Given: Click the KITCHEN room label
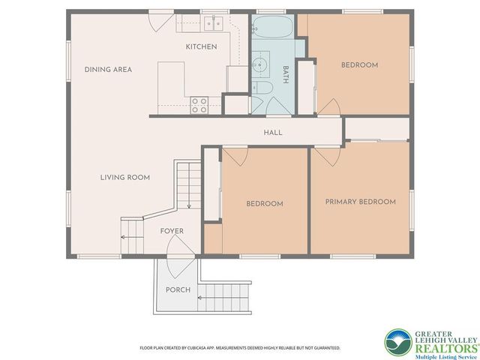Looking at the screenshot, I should point(201,46).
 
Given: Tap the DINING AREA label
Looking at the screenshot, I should point(108,70).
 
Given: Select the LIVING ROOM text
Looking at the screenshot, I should point(125,178).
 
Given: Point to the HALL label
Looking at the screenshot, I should point(272,133).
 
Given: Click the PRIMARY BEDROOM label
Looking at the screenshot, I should point(360,202).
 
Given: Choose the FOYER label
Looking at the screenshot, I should point(172,231).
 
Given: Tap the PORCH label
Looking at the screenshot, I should point(178,289).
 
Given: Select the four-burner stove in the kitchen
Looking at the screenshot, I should point(199,105).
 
